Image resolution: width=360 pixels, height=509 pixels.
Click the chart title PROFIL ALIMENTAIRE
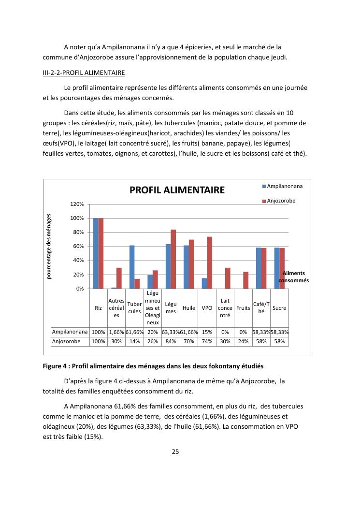pyautogui.click(x=177, y=190)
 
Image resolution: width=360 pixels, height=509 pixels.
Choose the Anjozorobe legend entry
pyautogui.click(x=281, y=201)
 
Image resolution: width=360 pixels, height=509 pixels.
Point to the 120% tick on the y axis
pyautogui.click(x=78, y=204)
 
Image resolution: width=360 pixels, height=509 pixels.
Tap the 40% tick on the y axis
pyautogui.click(x=79, y=261)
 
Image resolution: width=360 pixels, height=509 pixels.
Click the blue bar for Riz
pyautogui.click(x=96, y=253)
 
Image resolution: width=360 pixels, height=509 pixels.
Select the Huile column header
pyautogui.click(x=189, y=308)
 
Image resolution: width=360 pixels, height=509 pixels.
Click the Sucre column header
pyautogui.click(x=279, y=308)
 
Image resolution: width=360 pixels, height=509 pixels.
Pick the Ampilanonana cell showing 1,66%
pyautogui.click(x=116, y=332)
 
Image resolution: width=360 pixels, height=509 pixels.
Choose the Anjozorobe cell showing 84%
pyautogui.click(x=171, y=341)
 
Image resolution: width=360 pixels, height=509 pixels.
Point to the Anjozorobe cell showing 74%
pyautogui.click(x=207, y=341)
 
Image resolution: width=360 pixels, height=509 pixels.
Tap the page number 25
pyautogui.click(x=175, y=452)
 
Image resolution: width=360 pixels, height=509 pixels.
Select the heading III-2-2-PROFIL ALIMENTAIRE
pyautogui.click(x=84, y=73)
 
